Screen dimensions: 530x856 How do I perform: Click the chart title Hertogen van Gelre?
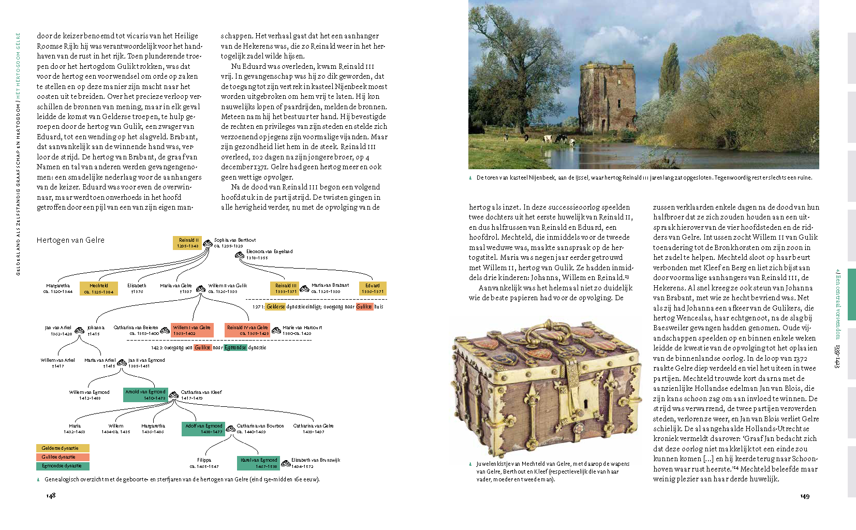(70, 240)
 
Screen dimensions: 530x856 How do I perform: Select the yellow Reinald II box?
(187, 243)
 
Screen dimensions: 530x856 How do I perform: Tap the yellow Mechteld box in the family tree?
(99, 289)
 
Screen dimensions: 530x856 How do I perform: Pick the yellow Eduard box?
(372, 288)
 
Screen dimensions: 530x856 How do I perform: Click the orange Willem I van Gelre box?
(191, 330)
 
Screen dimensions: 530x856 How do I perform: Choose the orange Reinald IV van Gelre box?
(247, 330)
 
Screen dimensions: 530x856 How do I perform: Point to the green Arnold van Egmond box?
(145, 395)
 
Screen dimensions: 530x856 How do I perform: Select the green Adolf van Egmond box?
(204, 429)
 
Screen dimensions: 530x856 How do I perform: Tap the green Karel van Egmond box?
(259, 463)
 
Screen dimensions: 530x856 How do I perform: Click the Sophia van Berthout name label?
(234, 240)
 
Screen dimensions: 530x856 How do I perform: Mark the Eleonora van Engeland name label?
(269, 252)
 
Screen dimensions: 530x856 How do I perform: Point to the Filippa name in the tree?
(204, 460)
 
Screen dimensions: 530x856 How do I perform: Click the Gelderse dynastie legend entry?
(63, 448)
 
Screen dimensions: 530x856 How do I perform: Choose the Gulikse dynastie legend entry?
(63, 457)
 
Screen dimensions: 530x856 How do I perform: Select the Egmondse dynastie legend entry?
(63, 466)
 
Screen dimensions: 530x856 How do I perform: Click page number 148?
(51, 496)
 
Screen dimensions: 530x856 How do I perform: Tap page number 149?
(805, 496)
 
